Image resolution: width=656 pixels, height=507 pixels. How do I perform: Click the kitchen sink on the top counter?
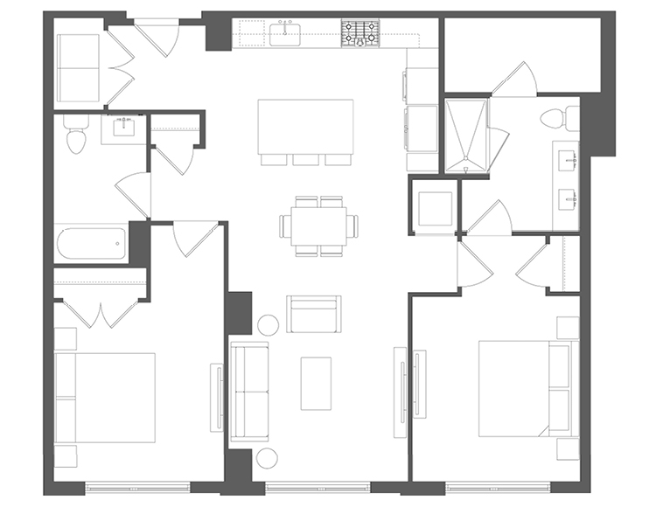(285, 34)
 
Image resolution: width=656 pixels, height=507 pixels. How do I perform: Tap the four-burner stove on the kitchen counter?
(359, 33)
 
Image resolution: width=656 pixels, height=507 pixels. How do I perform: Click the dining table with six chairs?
(318, 226)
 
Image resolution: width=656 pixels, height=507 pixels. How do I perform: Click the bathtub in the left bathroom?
(93, 244)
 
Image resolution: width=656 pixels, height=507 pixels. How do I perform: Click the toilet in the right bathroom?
(560, 117)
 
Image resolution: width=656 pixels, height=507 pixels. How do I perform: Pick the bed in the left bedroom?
(105, 398)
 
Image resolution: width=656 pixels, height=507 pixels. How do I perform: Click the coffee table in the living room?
(316, 383)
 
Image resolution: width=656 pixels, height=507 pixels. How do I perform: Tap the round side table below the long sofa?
(267, 458)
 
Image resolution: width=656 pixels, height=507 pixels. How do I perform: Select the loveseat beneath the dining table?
(313, 314)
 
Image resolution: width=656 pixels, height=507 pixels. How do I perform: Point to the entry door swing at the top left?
(161, 38)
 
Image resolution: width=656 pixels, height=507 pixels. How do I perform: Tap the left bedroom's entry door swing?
(194, 238)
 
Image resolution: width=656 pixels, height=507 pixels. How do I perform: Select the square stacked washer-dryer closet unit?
(434, 207)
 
